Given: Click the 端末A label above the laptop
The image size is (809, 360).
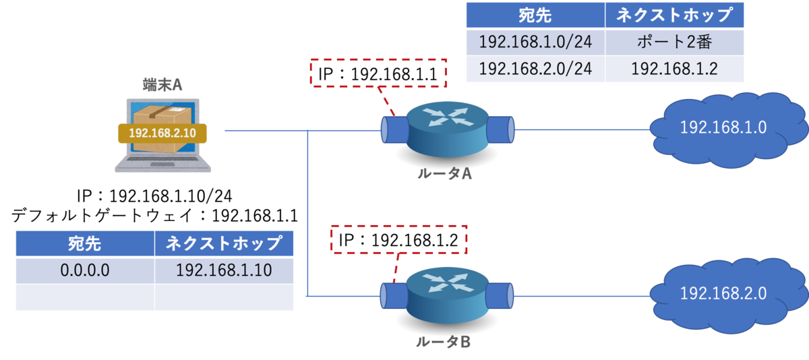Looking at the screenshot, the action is tap(162, 85).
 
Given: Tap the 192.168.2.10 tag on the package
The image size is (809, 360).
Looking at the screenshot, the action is tap(162, 133).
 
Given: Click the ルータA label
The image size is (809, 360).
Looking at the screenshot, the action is tap(444, 174).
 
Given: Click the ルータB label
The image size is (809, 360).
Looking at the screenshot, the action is tap(443, 342).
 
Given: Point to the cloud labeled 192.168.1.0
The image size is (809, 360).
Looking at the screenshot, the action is tap(727, 129).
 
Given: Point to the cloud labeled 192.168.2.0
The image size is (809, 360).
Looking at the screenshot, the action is tap(727, 295).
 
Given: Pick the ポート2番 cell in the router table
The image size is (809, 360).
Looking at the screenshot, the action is tap(674, 42).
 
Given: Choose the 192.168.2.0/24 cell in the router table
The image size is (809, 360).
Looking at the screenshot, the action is tap(535, 69).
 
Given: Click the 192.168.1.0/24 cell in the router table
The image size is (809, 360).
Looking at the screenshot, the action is tap(535, 42).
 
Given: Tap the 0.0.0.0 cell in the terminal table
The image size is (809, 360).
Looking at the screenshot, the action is tap(85, 270).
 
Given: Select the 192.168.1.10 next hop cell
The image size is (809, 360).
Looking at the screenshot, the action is tap(224, 270).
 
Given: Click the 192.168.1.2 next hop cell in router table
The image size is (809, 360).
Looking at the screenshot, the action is tap(674, 69).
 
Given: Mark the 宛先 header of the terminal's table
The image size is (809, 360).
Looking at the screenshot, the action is tap(85, 243).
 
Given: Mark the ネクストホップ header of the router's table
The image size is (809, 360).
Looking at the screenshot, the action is tap(674, 15).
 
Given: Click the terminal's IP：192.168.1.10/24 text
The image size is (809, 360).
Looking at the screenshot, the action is tap(154, 196).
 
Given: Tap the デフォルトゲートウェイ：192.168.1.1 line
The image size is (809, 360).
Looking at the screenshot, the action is tap(154, 216).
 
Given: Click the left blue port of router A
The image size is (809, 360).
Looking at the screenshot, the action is tap(395, 129).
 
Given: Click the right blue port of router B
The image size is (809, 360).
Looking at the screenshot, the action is tap(500, 296).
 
